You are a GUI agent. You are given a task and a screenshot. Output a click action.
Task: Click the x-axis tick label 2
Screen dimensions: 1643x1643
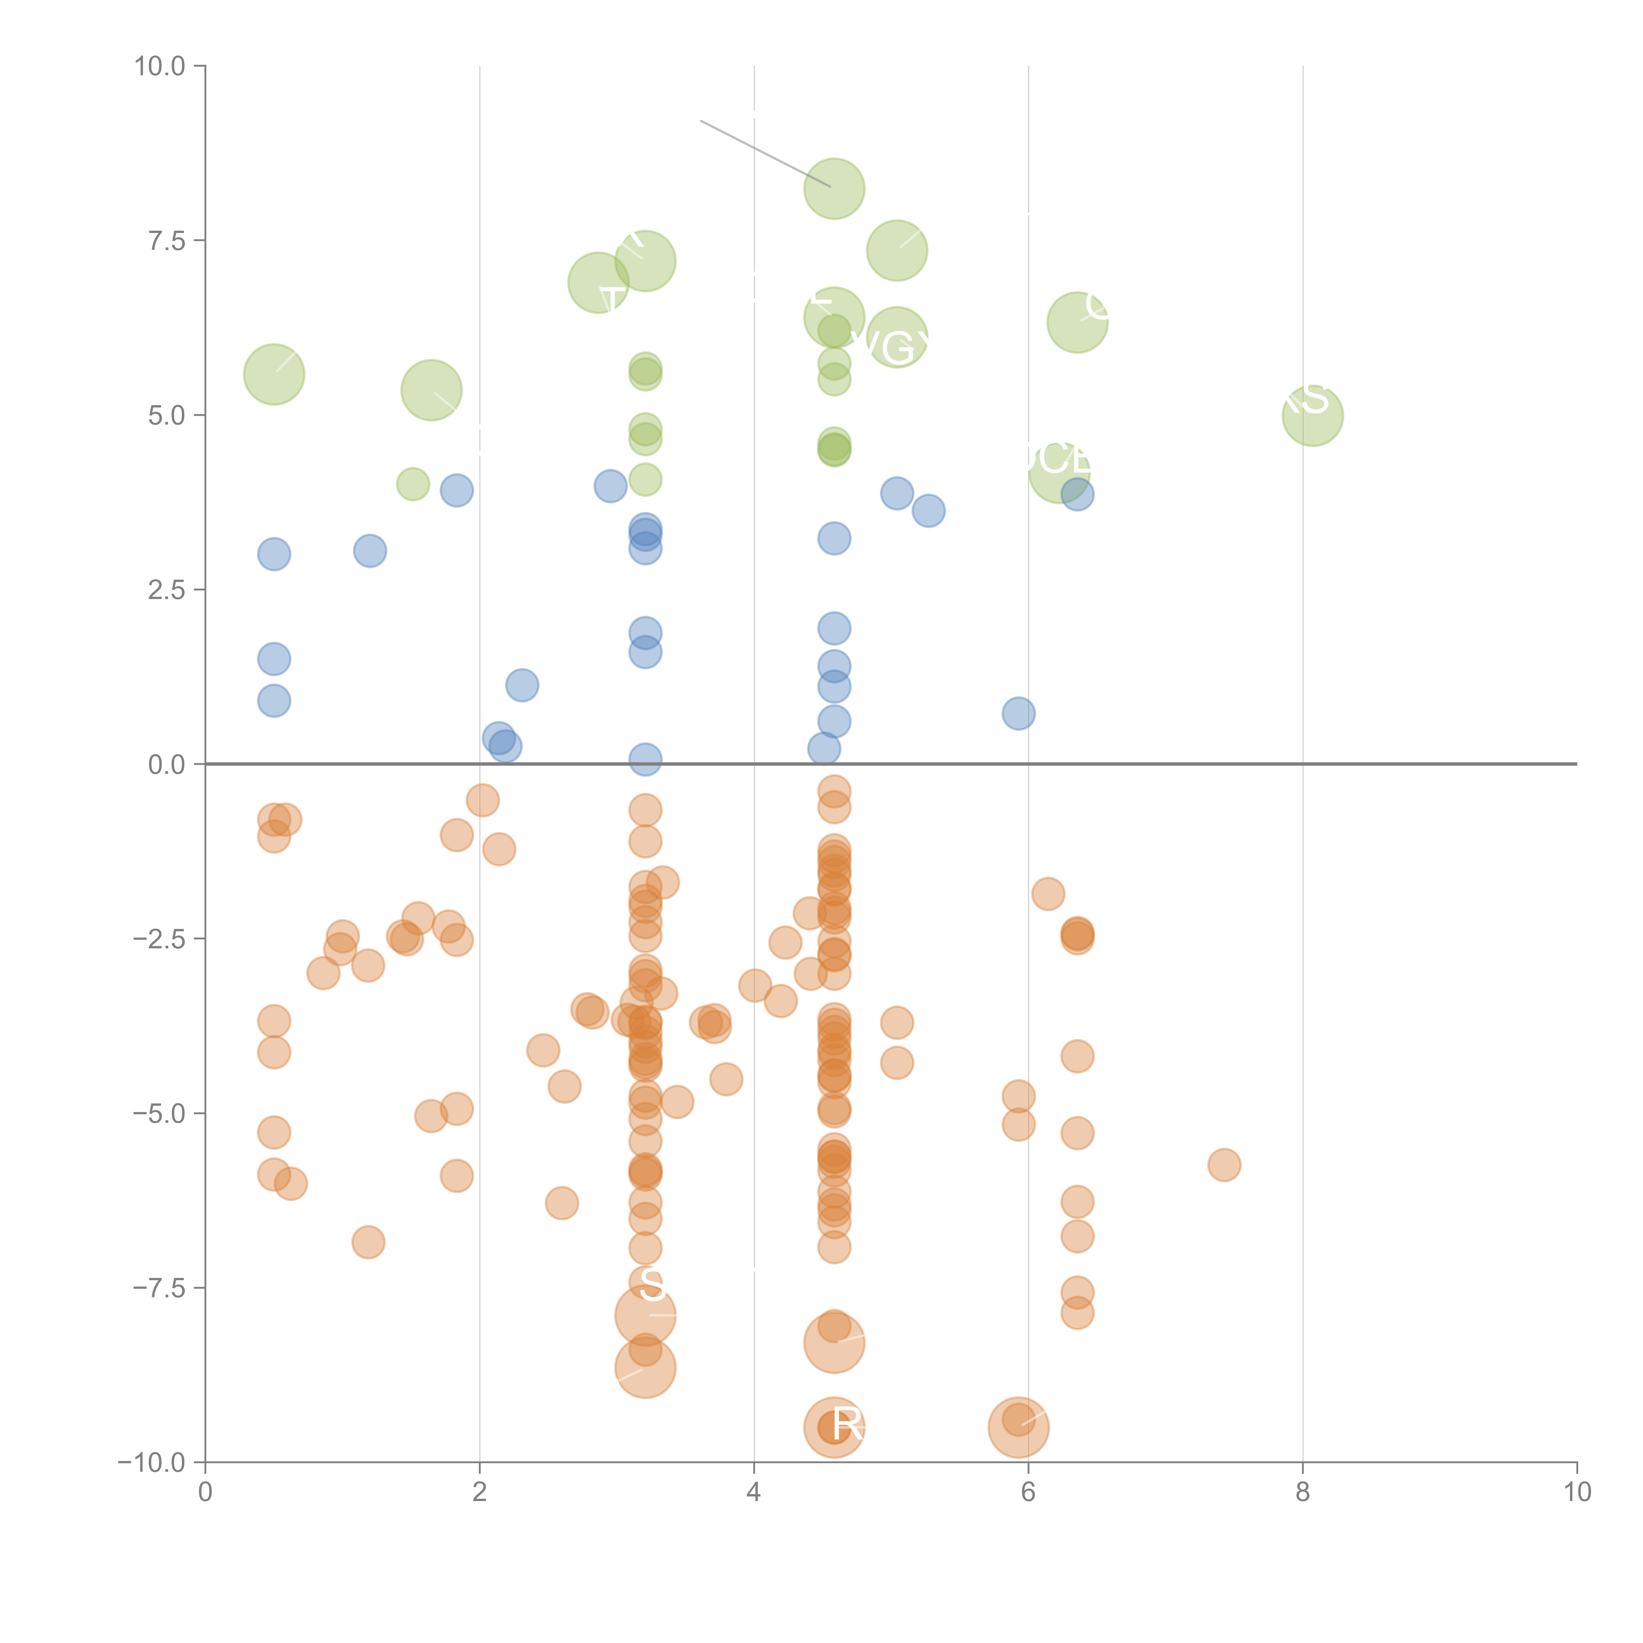click(480, 1493)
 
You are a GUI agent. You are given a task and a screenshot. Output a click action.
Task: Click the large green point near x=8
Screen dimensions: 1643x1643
click(1312, 416)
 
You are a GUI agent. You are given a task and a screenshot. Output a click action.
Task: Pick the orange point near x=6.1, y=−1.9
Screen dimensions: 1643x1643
click(1048, 894)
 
